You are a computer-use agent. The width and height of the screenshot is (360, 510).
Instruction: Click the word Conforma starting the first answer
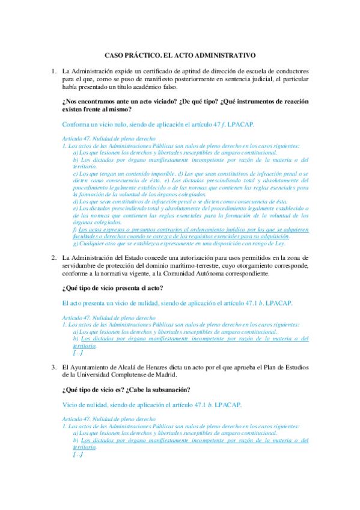tap(78, 124)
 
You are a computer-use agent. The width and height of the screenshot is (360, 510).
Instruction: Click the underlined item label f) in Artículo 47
tap(75, 229)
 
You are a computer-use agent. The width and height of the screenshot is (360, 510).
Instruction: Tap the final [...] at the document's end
tap(77, 454)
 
